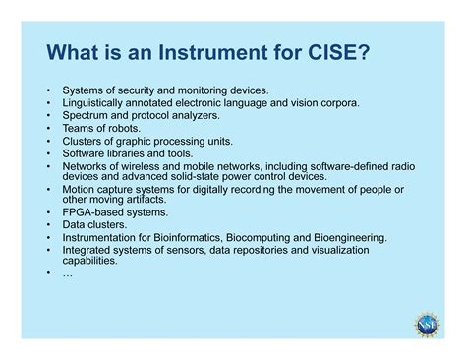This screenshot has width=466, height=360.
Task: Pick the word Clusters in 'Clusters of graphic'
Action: click(83, 141)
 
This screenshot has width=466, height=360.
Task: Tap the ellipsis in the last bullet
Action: click(67, 273)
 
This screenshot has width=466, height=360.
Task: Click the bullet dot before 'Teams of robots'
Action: click(47, 128)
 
